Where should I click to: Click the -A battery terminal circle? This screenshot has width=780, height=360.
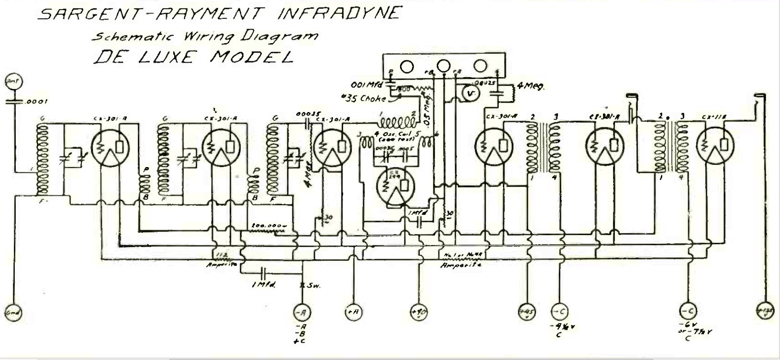click(x=302, y=313)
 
